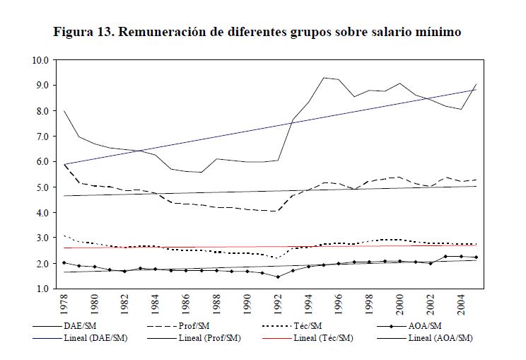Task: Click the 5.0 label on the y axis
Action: tap(40, 187)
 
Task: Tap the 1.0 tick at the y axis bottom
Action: tap(40, 289)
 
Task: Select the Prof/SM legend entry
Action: tap(209, 326)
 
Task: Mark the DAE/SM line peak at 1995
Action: tap(323, 78)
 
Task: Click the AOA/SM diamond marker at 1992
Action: tap(278, 277)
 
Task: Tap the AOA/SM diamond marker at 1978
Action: tap(64, 262)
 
